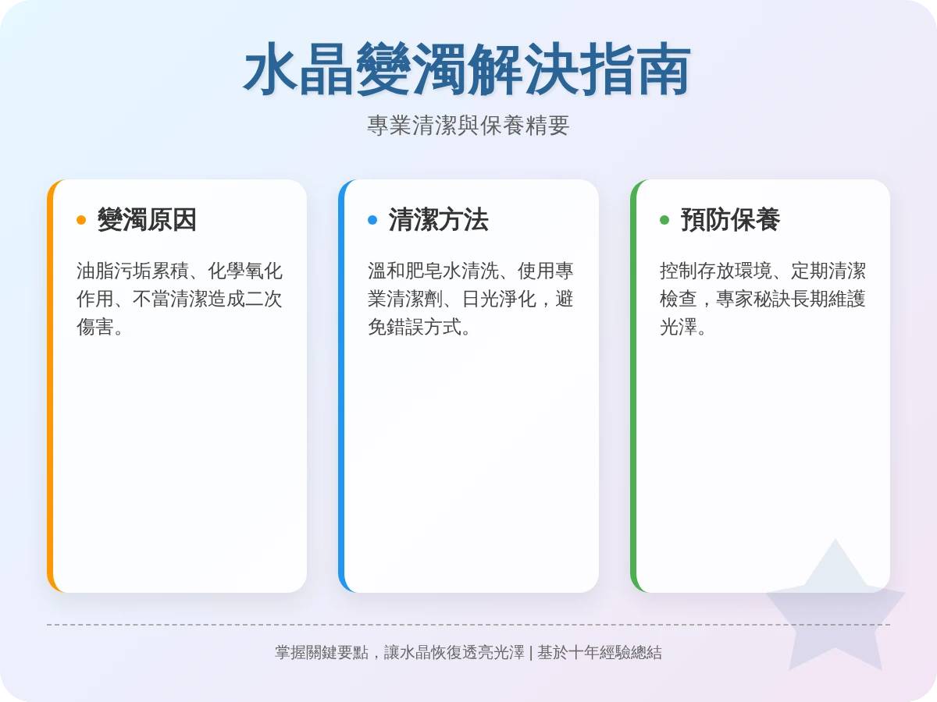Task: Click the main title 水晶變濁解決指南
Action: [x=468, y=70]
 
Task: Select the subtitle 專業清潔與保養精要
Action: [x=468, y=126]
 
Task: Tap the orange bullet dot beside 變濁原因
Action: [x=81, y=220]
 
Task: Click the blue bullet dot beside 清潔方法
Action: [x=372, y=220]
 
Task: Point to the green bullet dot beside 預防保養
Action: [x=664, y=220]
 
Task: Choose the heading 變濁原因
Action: [x=147, y=220]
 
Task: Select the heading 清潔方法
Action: [x=438, y=220]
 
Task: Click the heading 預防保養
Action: [x=730, y=220]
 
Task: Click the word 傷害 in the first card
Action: [x=94, y=327]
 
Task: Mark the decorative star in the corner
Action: [x=835, y=608]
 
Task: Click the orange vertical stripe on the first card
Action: [x=50, y=386]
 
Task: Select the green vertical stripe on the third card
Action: [x=633, y=386]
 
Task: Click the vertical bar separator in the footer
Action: [x=531, y=653]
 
